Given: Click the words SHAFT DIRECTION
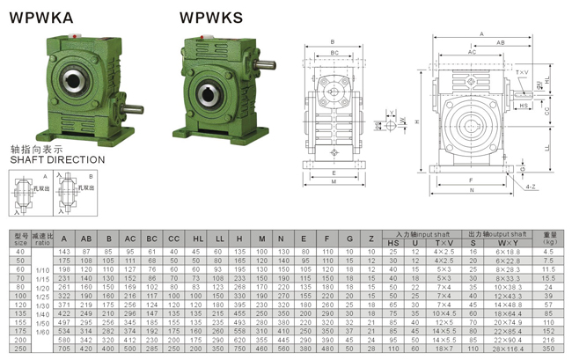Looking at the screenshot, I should click(57, 160).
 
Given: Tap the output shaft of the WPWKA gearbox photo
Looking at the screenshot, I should click(132, 109).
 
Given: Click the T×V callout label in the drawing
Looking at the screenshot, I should click(523, 72).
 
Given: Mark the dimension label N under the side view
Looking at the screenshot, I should click(472, 190).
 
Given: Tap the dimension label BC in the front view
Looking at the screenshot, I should click(334, 53).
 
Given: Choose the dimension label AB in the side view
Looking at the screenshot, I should click(499, 42).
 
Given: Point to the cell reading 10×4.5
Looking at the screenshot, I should click(444, 313).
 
